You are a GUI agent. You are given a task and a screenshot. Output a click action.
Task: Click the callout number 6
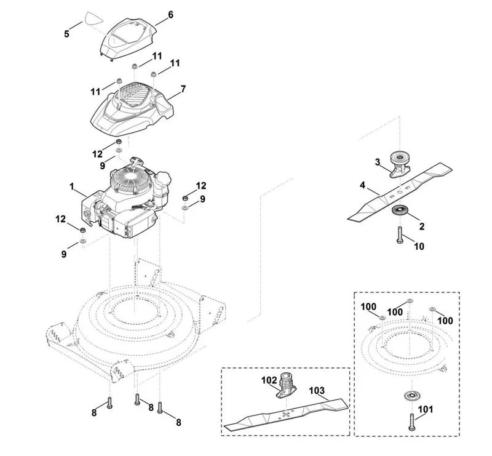click(171, 15)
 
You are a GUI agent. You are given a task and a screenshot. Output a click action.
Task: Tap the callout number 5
click(66, 34)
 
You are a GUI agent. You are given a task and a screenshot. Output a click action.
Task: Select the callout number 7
click(183, 89)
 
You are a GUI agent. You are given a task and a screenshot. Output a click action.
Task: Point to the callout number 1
click(72, 187)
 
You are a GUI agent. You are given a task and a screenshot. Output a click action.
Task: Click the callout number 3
click(378, 162)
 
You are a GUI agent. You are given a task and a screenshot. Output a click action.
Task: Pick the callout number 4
click(362, 185)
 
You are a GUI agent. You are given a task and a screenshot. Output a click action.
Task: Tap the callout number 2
click(422, 226)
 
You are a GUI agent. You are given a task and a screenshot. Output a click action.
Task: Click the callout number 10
click(419, 246)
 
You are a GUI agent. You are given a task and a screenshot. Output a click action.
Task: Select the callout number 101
click(426, 409)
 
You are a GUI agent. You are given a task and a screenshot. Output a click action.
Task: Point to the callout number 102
click(269, 380)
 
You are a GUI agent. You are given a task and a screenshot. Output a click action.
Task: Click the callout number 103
click(317, 390)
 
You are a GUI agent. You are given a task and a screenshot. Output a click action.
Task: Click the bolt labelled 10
click(400, 234)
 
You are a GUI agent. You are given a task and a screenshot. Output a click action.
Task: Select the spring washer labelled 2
click(400, 210)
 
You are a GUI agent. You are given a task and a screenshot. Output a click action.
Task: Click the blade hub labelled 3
click(399, 164)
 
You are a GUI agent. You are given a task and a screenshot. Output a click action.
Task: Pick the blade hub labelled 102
click(286, 385)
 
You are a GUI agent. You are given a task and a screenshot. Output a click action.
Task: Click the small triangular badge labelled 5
click(93, 18)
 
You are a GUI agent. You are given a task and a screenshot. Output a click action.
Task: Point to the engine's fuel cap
click(164, 178)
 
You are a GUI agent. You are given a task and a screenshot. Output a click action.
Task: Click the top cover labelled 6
click(128, 39)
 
